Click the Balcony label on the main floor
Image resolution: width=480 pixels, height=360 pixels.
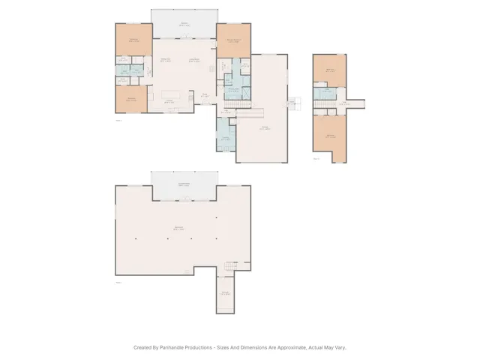184,24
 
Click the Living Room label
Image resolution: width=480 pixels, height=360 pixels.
193,60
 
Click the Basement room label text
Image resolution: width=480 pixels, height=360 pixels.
179,227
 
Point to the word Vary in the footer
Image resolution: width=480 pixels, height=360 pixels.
340,347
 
